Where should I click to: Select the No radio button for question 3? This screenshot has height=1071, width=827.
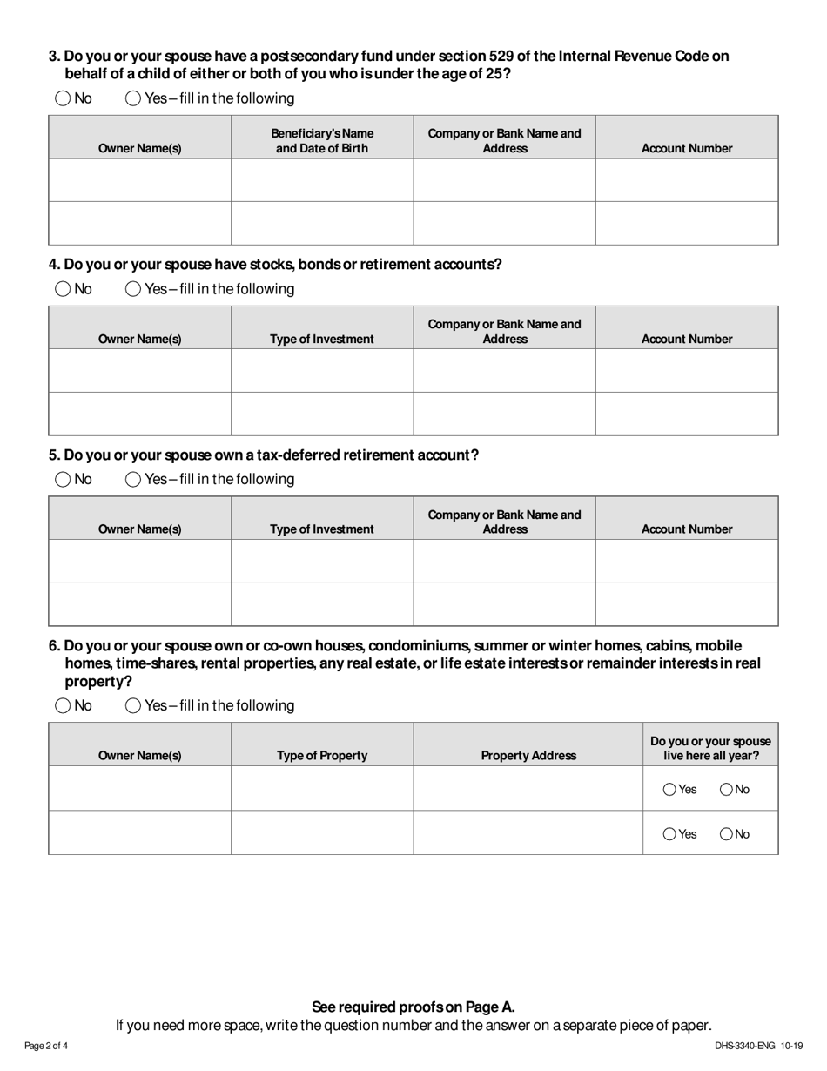tap(63, 98)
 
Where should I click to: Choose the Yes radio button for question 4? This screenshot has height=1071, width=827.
tap(133, 289)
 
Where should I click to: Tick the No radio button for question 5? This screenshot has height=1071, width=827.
tap(63, 479)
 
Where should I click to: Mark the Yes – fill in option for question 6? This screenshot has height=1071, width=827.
tap(133, 705)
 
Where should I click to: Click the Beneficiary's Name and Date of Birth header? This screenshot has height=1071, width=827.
tap(322, 140)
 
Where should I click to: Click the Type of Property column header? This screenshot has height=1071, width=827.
tap(322, 756)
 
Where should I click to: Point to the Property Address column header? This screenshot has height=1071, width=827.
tap(528, 756)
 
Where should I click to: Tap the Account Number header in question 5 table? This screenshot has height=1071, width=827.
tap(687, 529)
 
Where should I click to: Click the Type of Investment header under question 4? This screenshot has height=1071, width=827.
tap(322, 339)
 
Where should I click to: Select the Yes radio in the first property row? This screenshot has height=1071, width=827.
tap(669, 790)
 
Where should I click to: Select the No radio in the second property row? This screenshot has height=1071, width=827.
tap(726, 834)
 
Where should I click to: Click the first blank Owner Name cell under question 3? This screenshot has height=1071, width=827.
tap(139, 180)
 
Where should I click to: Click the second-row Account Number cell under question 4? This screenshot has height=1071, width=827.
tap(687, 414)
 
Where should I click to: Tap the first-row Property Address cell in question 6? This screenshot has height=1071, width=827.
tap(528, 789)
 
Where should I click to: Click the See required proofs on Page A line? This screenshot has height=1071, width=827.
tap(413, 1007)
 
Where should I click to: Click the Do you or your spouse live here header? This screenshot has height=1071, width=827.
tap(710, 749)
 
